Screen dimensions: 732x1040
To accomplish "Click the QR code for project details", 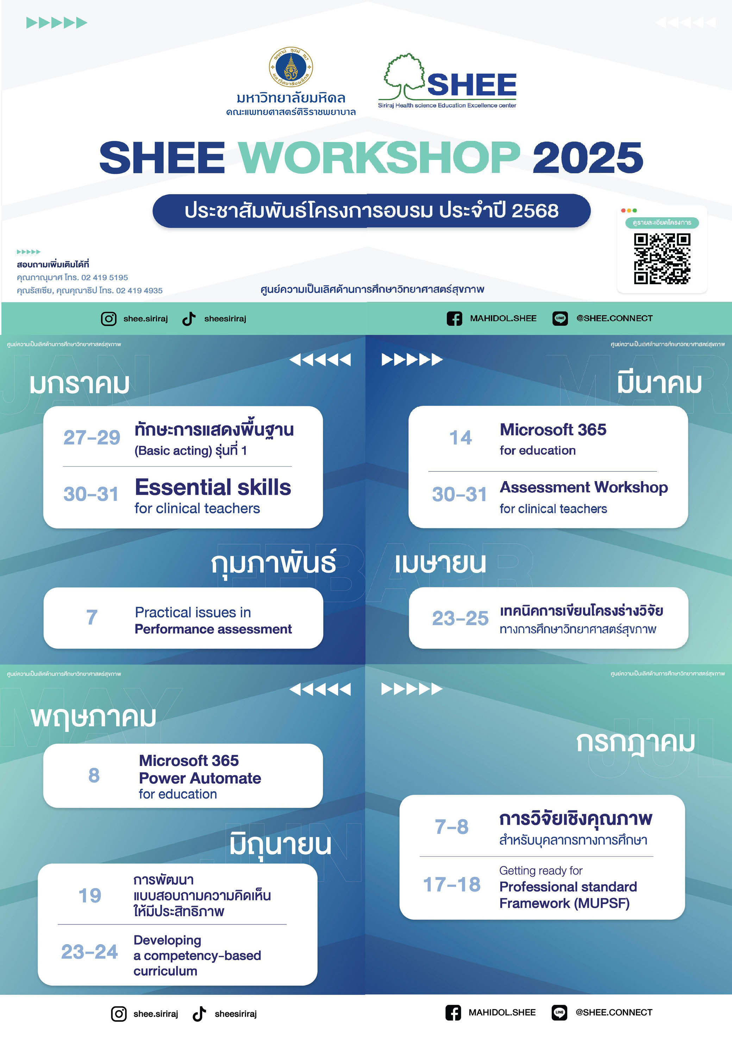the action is coord(662,259).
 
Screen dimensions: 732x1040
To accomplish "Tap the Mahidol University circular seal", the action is coord(291,68).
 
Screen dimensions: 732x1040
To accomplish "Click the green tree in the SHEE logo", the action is coord(405,76).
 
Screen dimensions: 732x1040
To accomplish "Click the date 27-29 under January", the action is coord(92,437).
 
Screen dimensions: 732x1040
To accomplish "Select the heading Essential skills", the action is coord(213,487).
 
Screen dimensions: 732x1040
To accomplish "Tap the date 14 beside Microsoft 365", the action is coord(460,437).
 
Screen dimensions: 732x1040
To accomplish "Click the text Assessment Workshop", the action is coord(583,487).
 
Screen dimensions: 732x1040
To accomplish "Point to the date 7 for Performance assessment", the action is coord(92,617).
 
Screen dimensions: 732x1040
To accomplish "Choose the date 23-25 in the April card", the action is coord(460,618).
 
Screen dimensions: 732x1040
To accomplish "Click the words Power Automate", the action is coord(200,778).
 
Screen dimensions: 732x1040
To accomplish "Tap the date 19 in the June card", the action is coord(90,896).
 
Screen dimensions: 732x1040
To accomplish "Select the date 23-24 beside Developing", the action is coord(90,952).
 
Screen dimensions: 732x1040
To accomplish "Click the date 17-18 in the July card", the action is coord(452,885).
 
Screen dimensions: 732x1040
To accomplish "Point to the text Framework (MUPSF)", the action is coord(564,904).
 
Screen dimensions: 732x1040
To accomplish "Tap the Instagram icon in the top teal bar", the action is coord(109,319).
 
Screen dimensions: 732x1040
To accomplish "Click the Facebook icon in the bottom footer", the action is coord(453,1013).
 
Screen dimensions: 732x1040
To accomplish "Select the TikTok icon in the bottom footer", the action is coord(199,1014).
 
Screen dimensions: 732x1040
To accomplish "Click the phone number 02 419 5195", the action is coord(105,277).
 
